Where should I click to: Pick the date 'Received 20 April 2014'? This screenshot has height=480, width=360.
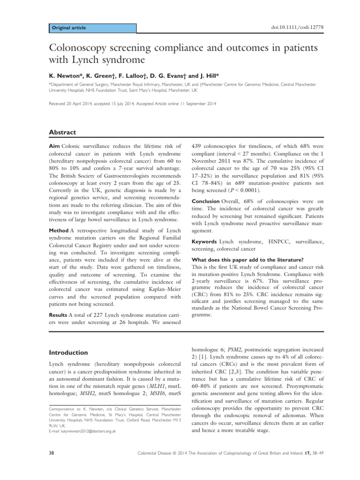[x=76, y=104]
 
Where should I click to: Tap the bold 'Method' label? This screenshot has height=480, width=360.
[x=59, y=230]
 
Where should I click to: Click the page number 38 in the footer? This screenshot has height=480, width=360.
[x=52, y=466]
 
